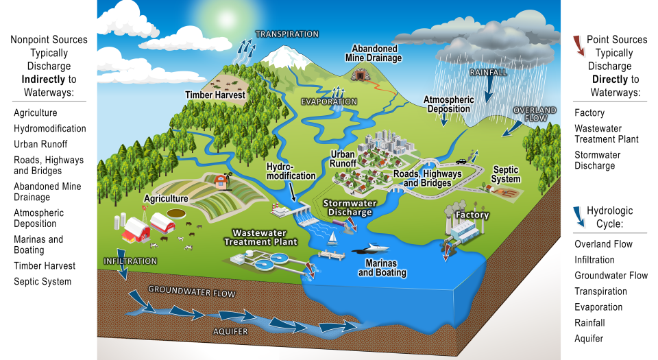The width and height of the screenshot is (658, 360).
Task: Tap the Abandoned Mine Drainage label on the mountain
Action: click(374, 53)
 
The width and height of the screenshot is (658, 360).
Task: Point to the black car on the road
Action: click(461, 162)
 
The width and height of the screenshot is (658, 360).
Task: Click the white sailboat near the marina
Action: click(333, 237)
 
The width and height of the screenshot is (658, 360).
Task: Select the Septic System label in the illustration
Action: click(506, 174)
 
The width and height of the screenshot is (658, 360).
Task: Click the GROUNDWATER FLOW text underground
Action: click(192, 293)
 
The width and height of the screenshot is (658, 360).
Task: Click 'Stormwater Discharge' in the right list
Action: click(595, 160)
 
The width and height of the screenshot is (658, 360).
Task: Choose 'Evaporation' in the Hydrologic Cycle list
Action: click(598, 307)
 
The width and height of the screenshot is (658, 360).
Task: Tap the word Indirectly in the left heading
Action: click(40, 80)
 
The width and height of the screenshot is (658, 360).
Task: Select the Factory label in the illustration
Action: click(473, 215)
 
